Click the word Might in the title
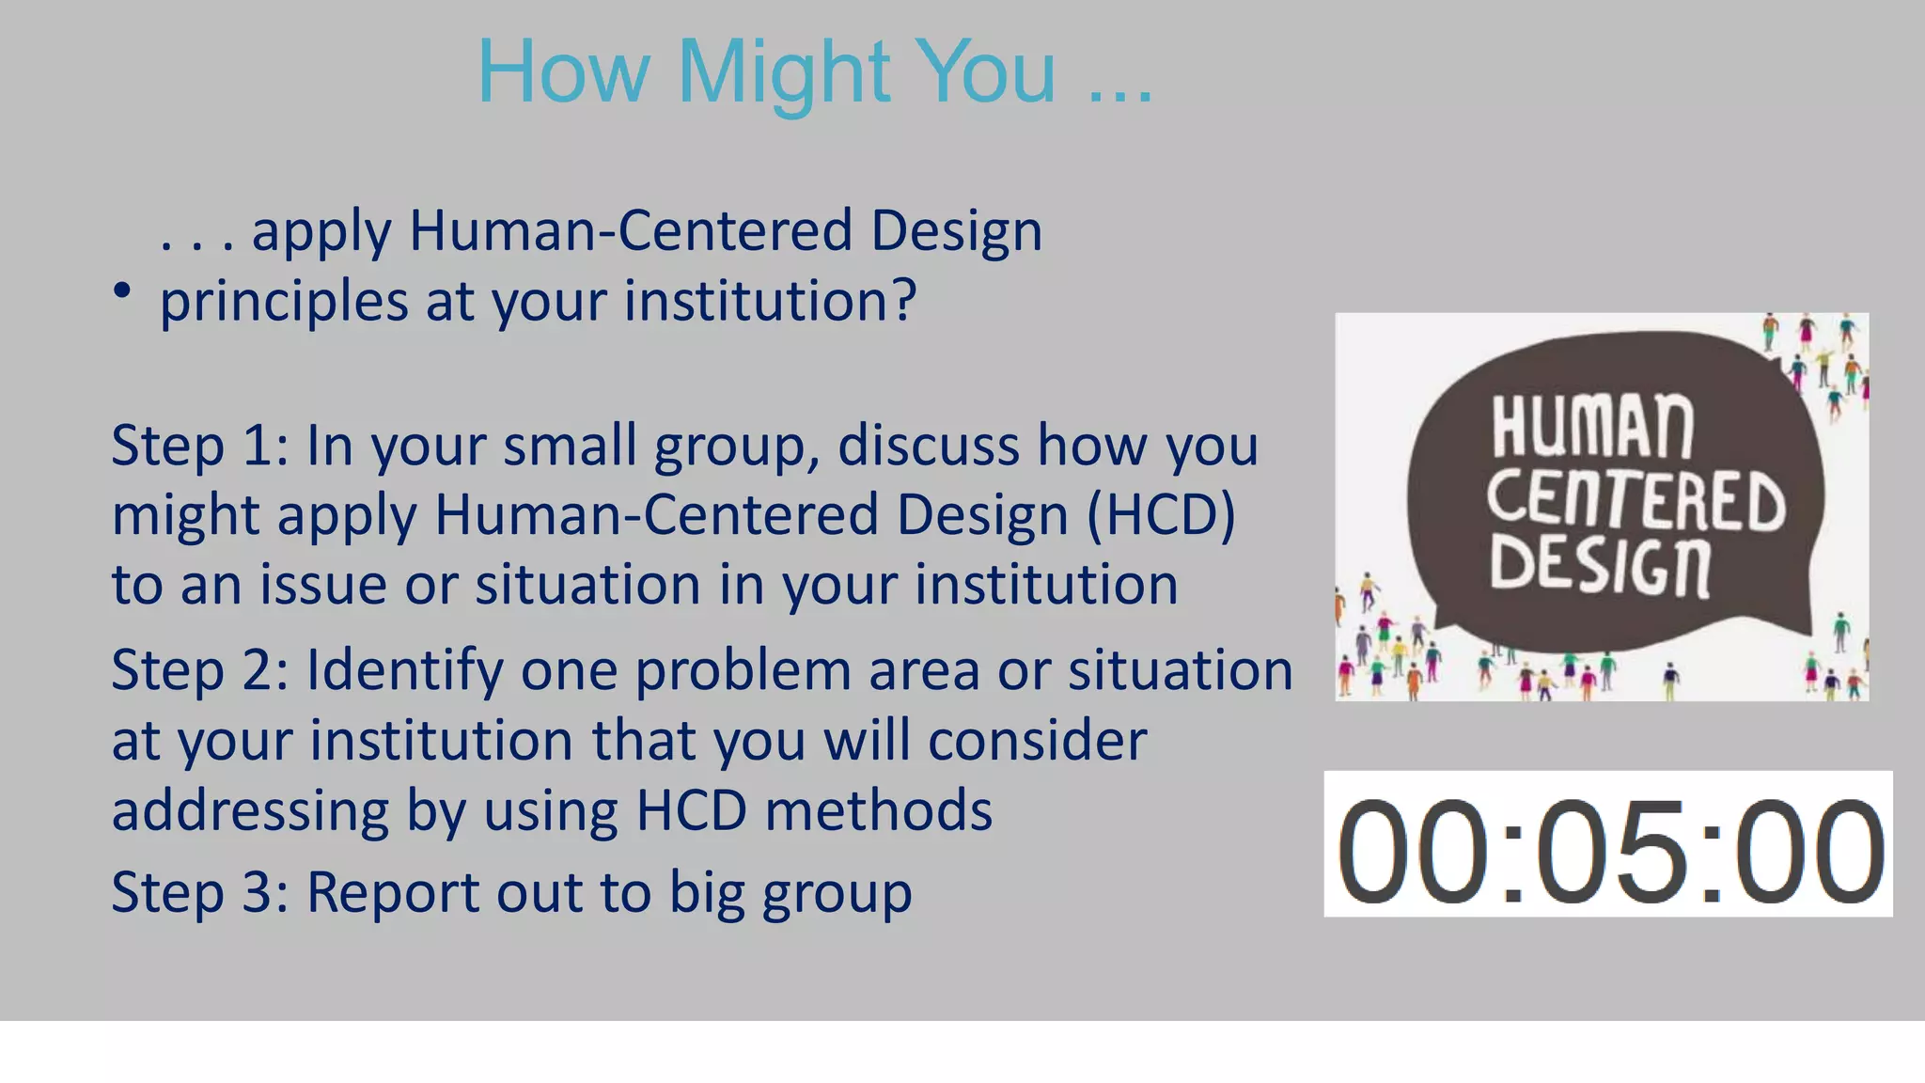tap(783, 73)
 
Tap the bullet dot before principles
tap(121, 291)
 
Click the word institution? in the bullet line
tap(770, 301)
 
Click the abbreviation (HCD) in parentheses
tap(1161, 516)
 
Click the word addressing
tap(250, 810)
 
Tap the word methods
tap(878, 810)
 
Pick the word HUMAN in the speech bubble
tap(1592, 428)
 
